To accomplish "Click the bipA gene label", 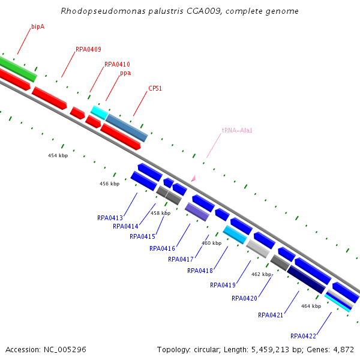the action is (38, 27).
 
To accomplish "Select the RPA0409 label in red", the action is (88, 49).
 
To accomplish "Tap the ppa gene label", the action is (125, 73).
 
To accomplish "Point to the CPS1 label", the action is (155, 88).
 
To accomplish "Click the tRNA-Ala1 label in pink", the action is (237, 130).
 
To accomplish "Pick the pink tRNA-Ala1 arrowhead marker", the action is (193, 178).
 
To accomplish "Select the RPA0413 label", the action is (110, 218).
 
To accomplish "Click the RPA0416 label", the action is (163, 248).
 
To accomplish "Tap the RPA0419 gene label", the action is (223, 285).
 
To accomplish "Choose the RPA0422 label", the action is (303, 336).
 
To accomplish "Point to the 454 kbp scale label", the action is (58, 155).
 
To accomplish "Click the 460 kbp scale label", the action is (211, 243).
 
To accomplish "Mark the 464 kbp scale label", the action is (311, 306).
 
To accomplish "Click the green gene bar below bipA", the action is (18, 68).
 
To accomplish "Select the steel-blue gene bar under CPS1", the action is (127, 128).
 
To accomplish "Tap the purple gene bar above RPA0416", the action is (197, 212).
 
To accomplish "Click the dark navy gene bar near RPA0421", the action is (306, 280).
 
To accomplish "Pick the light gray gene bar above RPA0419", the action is (258, 249).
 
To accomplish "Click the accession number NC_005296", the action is (65, 350).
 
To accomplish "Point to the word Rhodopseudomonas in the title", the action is (103, 11).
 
